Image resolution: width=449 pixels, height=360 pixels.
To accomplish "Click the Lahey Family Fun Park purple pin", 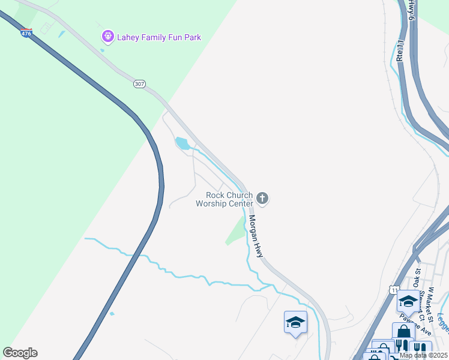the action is coord(107,37).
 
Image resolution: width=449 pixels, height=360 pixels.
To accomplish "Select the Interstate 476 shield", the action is coord(26,34).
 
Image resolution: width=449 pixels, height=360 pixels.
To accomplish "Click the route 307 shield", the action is coord(139,84).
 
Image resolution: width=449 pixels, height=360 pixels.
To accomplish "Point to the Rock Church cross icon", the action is coord(262,198).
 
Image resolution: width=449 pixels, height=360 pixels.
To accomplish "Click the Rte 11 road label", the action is coord(400,47).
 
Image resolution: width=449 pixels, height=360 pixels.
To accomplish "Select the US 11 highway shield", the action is coord(394,290).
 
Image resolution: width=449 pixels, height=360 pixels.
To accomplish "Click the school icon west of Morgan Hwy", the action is coord(295,322).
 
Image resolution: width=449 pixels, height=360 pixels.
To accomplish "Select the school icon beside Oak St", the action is coord(408,301).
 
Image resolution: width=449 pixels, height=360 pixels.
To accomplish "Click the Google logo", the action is coord(20,353).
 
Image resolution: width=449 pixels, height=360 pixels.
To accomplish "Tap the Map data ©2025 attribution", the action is coord(423,355).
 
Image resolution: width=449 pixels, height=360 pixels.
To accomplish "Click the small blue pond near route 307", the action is coord(182,143).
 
